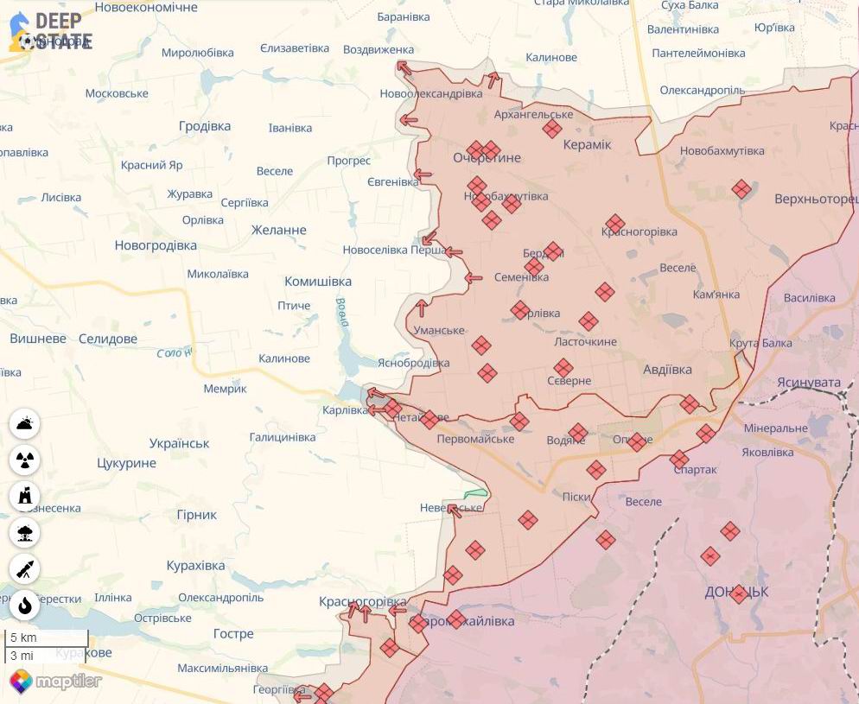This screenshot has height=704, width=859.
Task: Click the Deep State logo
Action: click(50, 32)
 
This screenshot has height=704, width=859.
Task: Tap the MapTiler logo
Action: click(55, 681)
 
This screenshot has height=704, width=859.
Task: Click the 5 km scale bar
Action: click(47, 638)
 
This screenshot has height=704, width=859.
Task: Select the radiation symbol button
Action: click(24, 460)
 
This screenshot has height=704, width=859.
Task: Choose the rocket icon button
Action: click(24, 568)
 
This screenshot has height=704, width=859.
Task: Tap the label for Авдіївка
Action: click(667, 370)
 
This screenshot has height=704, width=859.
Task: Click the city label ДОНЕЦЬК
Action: click(736, 593)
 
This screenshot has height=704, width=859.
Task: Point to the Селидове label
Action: click(108, 339)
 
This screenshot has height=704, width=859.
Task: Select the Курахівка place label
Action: click(195, 566)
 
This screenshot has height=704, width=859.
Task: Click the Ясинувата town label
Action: click(808, 382)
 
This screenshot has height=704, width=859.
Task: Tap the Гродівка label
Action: click(205, 126)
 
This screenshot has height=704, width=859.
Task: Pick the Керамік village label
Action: click(587, 144)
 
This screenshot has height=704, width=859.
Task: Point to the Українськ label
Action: click(179, 443)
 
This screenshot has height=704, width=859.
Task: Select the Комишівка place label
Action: click(318, 282)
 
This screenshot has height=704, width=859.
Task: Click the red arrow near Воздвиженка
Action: click(404, 67)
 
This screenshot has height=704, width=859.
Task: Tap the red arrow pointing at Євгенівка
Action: click(422, 175)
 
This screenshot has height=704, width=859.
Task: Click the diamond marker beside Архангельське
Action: click(552, 129)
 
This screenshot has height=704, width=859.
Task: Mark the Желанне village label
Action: click(278, 230)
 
